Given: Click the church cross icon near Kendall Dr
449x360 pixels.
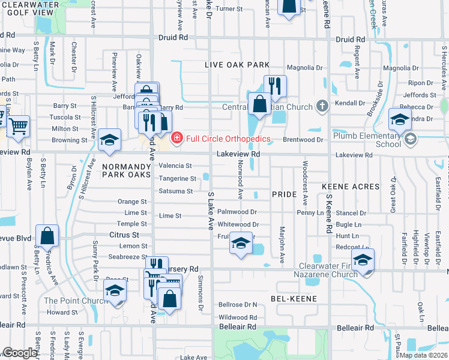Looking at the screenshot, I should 322,107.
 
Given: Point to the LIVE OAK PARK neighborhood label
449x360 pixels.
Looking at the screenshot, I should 236,64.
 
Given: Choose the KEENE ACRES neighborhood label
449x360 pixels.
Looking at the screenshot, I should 348,187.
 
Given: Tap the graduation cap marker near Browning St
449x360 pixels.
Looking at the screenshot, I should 109,140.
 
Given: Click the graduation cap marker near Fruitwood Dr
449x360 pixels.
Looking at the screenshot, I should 241,243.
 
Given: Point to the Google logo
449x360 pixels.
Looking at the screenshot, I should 20,353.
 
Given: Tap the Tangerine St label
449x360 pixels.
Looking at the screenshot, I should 177,178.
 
